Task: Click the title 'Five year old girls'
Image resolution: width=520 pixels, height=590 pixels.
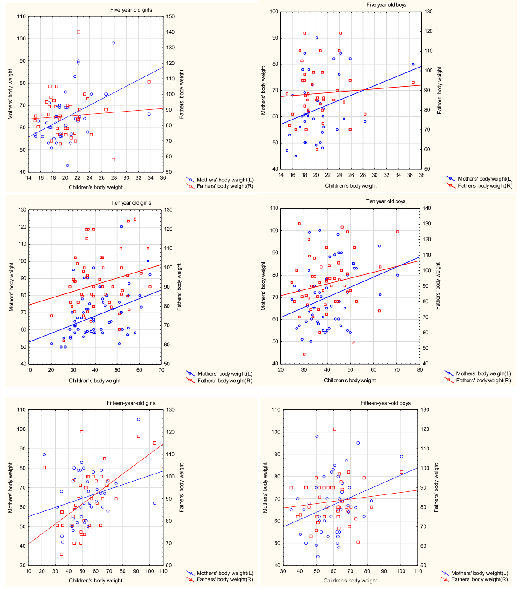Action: [x=131, y=10]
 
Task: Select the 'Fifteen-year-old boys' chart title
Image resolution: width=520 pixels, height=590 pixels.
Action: [x=385, y=403]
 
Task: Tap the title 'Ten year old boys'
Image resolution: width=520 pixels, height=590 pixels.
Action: [x=386, y=201]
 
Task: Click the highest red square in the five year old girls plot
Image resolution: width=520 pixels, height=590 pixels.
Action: [x=79, y=32]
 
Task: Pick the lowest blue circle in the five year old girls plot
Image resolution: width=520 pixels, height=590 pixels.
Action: [x=68, y=165]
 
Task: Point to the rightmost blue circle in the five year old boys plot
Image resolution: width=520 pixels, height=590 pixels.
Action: [x=413, y=64]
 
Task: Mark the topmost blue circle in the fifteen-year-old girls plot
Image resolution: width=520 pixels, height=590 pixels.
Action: [x=139, y=419]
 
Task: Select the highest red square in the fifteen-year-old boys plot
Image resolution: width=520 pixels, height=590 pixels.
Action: [x=335, y=429]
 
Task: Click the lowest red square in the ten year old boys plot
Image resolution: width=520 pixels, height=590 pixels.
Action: [x=304, y=354]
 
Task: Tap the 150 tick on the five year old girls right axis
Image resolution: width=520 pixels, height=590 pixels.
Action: [x=170, y=16]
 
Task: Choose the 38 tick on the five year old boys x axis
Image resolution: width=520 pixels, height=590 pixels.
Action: [x=421, y=175]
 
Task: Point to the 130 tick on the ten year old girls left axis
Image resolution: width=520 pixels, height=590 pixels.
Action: [x=21, y=210]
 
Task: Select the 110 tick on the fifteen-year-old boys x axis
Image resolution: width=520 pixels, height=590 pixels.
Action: [x=418, y=571]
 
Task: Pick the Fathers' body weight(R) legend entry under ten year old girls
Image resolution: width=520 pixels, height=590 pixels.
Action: [x=225, y=381]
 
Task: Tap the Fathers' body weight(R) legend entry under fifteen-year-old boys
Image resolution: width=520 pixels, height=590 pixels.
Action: [x=479, y=579]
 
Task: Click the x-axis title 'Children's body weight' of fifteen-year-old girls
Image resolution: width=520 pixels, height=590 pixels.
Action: [x=96, y=581]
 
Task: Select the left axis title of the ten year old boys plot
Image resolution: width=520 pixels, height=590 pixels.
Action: [x=264, y=286]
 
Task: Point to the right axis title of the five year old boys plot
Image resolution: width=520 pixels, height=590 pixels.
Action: [x=440, y=90]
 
